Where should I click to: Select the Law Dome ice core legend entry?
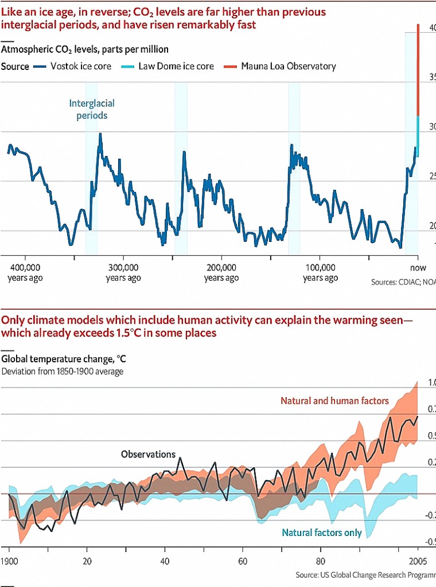point(176,66)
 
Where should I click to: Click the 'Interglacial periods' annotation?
point(92,109)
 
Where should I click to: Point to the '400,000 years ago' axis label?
point(25,272)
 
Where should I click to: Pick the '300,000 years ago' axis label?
point(123,272)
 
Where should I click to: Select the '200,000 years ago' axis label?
point(221,272)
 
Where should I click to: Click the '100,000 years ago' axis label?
point(320,272)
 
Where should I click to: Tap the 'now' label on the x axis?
point(418,268)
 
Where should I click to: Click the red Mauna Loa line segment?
point(418,69)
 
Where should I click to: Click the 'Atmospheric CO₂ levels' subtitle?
point(85,50)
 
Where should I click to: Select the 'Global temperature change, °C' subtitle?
point(64,359)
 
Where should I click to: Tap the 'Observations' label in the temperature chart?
point(148,454)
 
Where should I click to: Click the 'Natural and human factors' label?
point(334,401)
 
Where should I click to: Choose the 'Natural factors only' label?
point(322,533)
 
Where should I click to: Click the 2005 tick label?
point(417,560)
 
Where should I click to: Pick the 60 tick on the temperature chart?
point(242,560)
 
